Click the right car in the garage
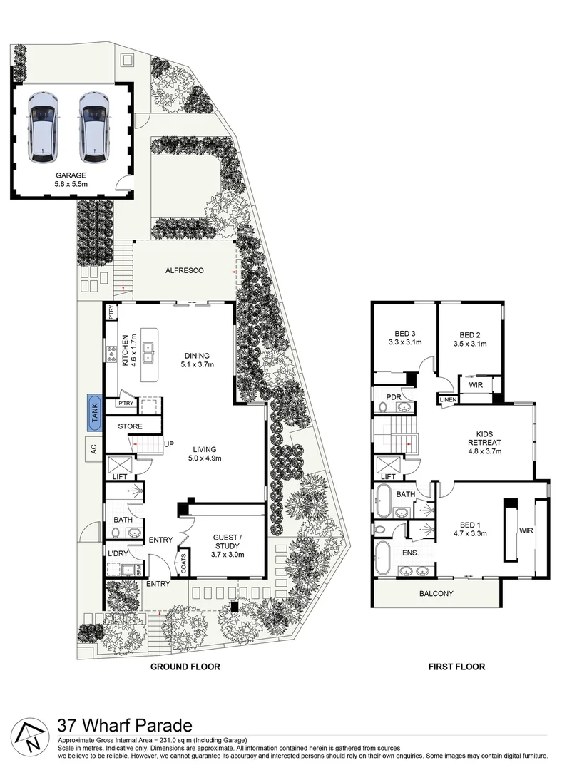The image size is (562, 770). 94,126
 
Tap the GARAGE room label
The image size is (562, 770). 71,179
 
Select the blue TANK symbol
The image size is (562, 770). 93,413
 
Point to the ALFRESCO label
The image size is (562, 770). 185,271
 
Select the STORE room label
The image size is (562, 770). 130,426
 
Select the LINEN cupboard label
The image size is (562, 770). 447,400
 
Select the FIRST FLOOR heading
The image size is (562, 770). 456,667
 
